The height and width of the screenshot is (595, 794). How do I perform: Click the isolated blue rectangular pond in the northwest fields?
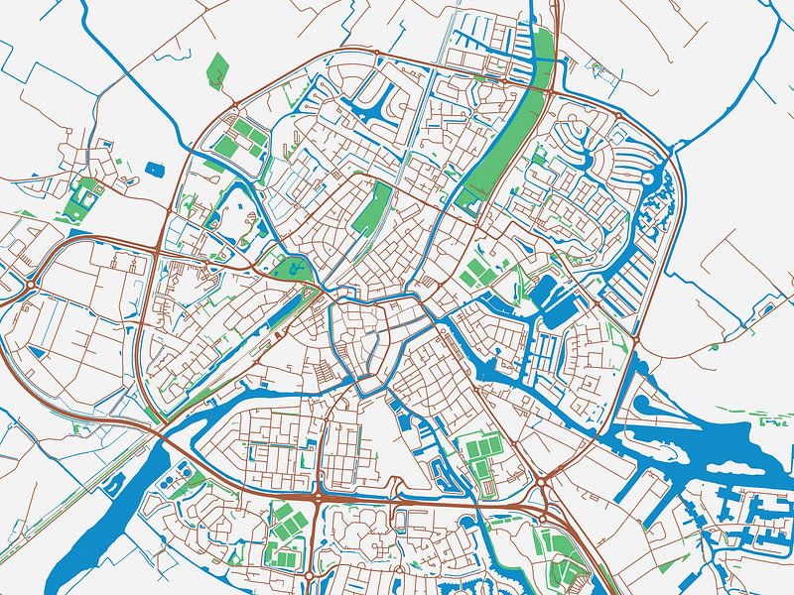(153, 168)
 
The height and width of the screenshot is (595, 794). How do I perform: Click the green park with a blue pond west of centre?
(294, 268)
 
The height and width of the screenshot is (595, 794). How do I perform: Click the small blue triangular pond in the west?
(38, 351)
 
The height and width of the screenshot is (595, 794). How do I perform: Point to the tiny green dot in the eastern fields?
(714, 346)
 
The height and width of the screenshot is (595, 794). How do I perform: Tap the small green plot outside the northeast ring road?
(597, 68)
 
